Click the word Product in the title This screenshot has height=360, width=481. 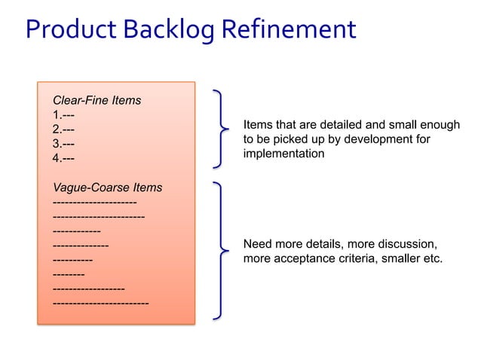[x=69, y=29]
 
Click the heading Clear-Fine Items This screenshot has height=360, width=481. [x=97, y=99]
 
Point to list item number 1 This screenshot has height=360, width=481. [x=63, y=115]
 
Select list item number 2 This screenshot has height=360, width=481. [x=63, y=130]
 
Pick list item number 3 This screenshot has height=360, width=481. [x=63, y=144]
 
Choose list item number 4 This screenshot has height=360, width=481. [x=63, y=158]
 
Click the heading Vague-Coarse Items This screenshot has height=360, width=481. [x=107, y=188]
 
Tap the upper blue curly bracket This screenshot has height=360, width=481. [x=221, y=129]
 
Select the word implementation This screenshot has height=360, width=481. [x=283, y=154]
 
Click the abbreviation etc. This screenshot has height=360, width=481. [x=432, y=259]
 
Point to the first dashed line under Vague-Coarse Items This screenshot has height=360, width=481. [x=94, y=202]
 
